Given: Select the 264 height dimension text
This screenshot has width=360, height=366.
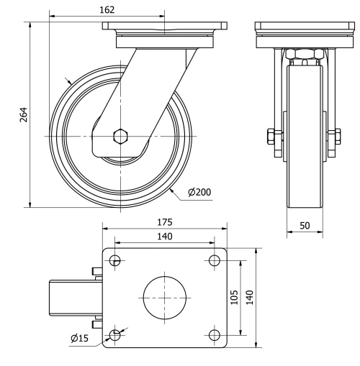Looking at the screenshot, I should pyautogui.click(x=22, y=115).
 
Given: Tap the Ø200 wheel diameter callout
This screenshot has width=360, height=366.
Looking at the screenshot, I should pyautogui.click(x=199, y=193).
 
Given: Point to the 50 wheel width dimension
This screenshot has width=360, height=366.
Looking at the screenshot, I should pyautogui.click(x=305, y=225).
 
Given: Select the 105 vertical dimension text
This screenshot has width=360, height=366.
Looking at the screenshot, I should pyautogui.click(x=234, y=297).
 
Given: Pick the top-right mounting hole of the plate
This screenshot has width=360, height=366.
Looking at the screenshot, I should pyautogui.click(x=214, y=260).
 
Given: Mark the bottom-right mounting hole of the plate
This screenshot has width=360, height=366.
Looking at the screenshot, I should pyautogui.click(x=214, y=334).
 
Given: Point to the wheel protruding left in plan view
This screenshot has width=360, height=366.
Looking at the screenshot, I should pyautogui.click(x=71, y=297).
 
